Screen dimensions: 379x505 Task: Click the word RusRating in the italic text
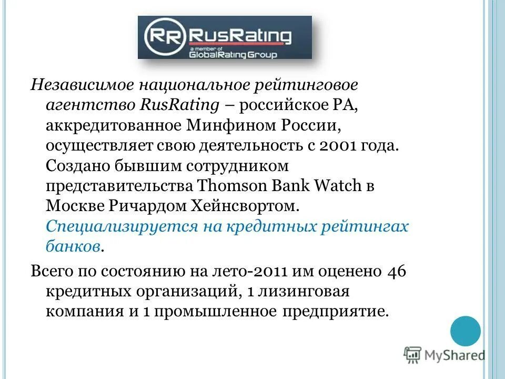pyautogui.click(x=179, y=105)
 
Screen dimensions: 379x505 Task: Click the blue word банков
pyautogui.click(x=72, y=246)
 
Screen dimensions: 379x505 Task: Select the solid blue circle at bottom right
pyautogui.click(x=466, y=331)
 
